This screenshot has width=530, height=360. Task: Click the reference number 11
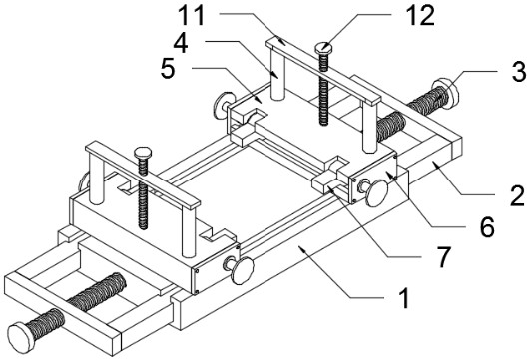tap(192, 16)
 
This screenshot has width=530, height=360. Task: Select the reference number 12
tap(420, 16)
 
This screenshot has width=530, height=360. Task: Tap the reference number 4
tap(181, 43)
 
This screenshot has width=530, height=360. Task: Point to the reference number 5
tap(168, 69)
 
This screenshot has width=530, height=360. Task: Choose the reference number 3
tap(519, 71)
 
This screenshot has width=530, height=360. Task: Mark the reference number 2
tap(517, 195)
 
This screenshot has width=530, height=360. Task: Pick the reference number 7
tap(443, 257)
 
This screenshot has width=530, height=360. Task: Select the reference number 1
tap(403, 297)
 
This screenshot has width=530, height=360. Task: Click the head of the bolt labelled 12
tap(324, 48)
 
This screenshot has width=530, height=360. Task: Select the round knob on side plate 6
tap(376, 192)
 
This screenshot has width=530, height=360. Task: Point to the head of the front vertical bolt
tap(143, 153)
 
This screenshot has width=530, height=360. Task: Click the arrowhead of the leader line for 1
tap(301, 250)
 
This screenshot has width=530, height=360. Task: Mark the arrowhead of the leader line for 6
tap(388, 175)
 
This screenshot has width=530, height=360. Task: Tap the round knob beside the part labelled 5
tap(220, 106)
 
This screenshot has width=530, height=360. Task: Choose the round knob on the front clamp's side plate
tap(242, 270)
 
